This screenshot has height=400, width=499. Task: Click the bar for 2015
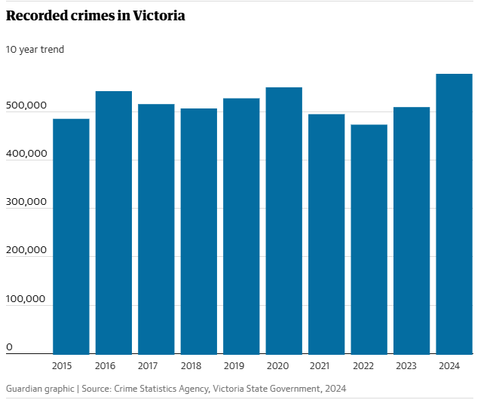[x=71, y=236]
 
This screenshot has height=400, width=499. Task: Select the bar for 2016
[x=114, y=222]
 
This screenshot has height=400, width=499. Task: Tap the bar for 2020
[x=284, y=220]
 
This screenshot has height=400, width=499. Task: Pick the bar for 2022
[x=369, y=239]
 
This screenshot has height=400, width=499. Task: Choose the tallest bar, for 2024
[x=455, y=213]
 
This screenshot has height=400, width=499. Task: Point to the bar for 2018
[x=199, y=231]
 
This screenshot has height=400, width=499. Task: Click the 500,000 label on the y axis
[x=27, y=105]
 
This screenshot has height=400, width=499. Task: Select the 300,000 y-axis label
[x=27, y=202]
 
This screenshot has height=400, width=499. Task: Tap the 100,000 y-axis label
[x=27, y=299]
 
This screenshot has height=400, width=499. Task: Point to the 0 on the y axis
[x=10, y=347]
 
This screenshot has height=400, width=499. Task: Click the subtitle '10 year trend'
[x=35, y=50]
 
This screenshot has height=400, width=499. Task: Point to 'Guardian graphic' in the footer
[x=40, y=389]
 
